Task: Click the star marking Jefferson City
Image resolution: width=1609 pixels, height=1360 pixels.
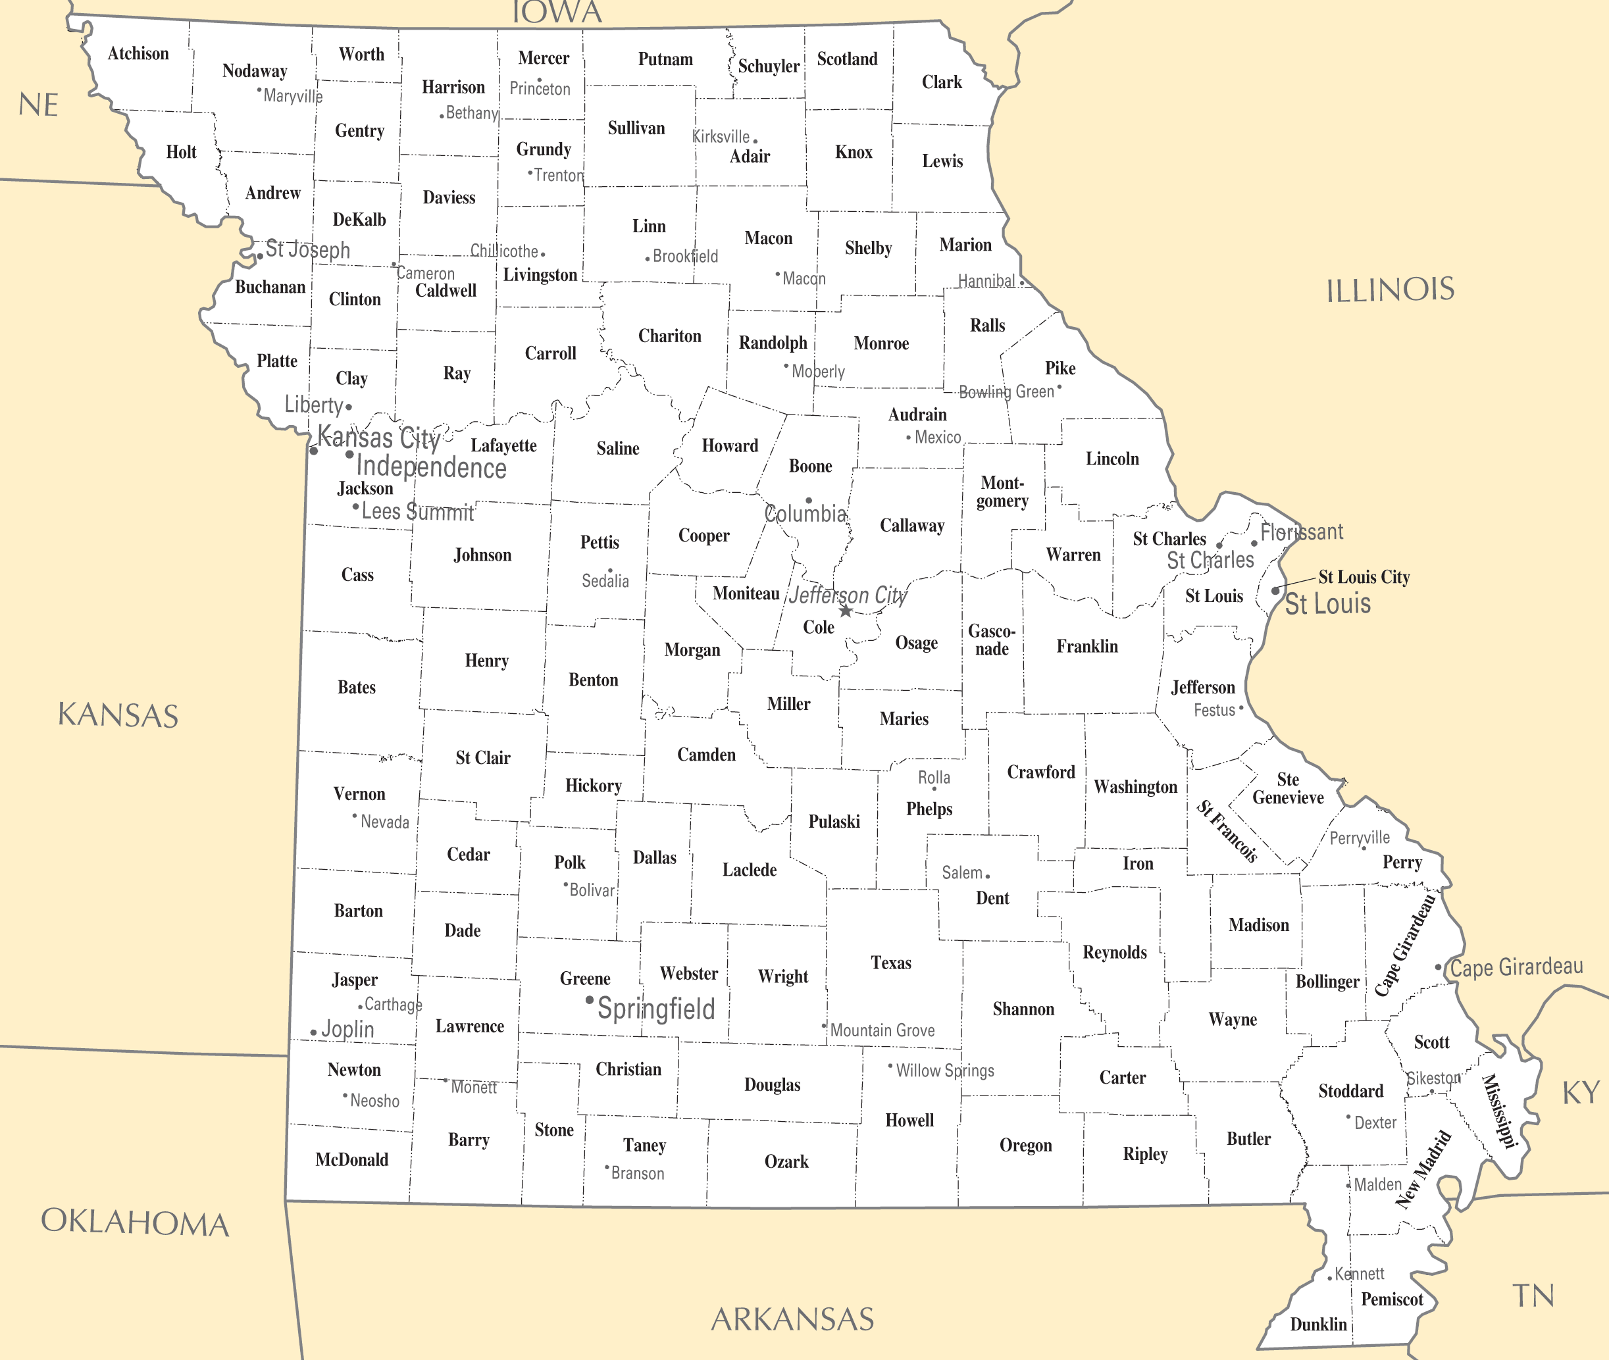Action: click(846, 611)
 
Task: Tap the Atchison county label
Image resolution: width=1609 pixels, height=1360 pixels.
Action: click(138, 53)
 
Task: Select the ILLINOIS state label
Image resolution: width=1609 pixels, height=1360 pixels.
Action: click(1390, 291)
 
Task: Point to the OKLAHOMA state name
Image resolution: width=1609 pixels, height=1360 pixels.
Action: click(135, 1222)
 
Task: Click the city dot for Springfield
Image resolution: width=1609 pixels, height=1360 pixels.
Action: click(590, 1001)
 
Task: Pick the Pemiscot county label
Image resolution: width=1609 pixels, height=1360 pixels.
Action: click(1392, 1299)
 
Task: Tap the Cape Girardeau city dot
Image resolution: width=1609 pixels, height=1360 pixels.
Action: click(1438, 967)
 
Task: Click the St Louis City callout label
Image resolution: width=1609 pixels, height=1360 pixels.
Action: click(1364, 576)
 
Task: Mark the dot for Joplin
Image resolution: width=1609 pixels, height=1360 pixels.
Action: click(314, 1032)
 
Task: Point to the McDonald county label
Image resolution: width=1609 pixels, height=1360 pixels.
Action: click(351, 1159)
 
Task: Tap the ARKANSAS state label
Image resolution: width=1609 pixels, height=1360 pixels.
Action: click(792, 1319)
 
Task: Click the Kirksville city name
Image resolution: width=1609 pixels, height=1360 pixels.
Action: click(721, 136)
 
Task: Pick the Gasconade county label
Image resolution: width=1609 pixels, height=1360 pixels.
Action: click(992, 640)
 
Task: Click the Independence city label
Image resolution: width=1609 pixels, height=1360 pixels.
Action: click(431, 467)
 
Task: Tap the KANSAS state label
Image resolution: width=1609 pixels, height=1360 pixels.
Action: click(118, 715)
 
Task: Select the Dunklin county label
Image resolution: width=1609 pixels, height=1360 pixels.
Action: click(1318, 1324)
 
